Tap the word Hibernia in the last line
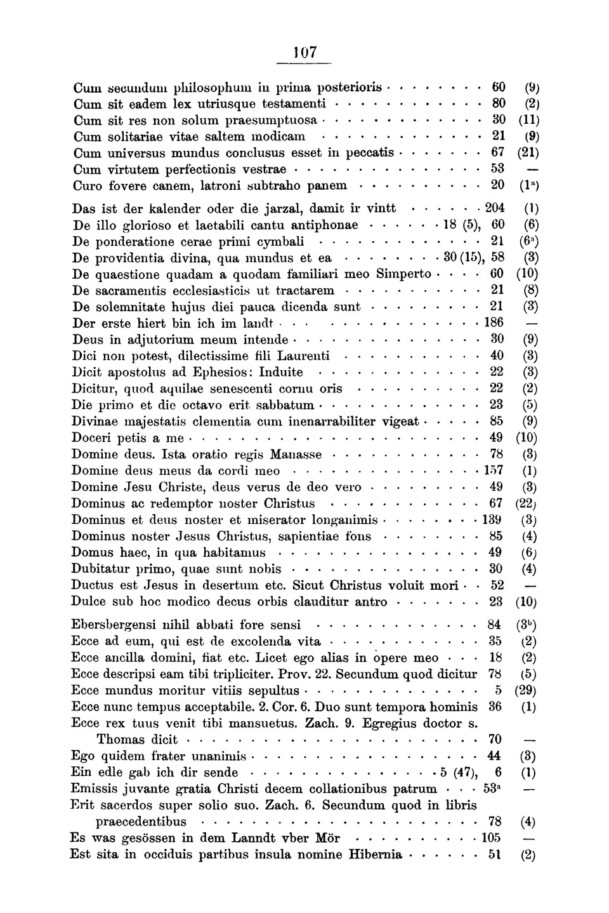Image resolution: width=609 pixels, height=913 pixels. coord(376,855)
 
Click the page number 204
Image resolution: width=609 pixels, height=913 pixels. coord(494,208)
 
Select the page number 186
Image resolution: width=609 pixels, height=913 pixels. coord(494,323)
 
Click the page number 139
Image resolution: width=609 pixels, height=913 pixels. coord(492,520)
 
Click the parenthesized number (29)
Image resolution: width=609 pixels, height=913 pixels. coord(527,691)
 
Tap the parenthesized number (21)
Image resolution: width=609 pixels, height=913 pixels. coord(528,154)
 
